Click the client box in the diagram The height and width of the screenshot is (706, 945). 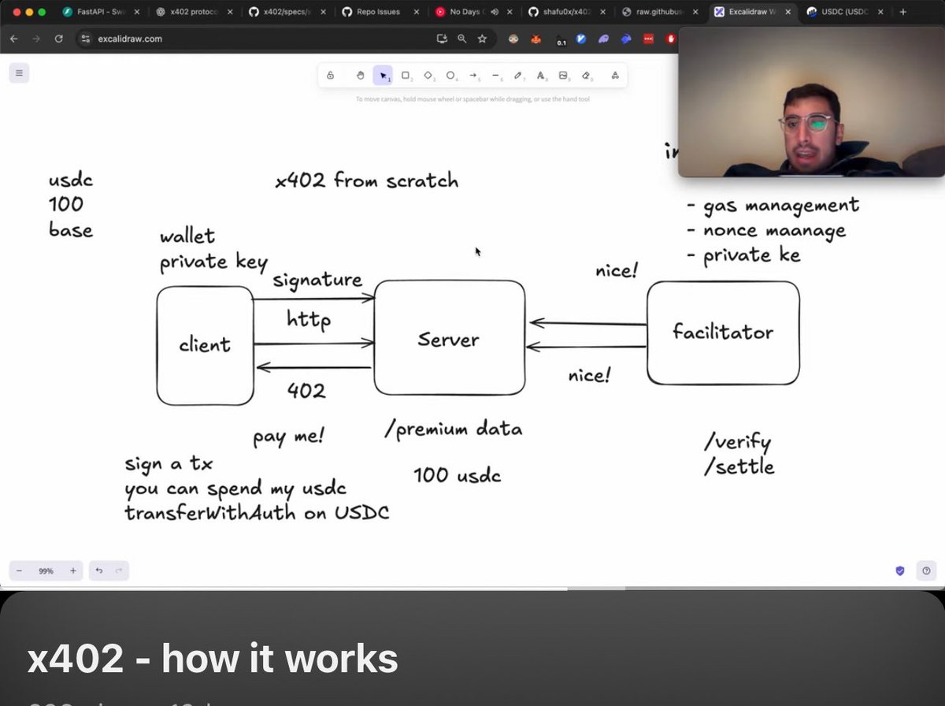click(205, 345)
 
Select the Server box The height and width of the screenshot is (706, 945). click(449, 339)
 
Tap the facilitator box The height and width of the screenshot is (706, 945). click(723, 333)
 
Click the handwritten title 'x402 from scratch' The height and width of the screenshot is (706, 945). click(367, 180)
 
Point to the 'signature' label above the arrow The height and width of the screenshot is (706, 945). click(317, 280)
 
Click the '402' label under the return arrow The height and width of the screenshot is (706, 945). click(306, 390)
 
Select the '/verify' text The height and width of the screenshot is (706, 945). click(737, 442)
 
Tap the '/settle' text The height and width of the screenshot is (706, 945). click(739, 467)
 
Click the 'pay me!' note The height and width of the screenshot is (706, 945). click(288, 436)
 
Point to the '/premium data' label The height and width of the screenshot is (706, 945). click(454, 429)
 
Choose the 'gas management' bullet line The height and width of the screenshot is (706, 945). click(773, 206)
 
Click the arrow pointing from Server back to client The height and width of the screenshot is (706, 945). click(313, 367)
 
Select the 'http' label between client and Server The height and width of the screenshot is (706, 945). click(309, 320)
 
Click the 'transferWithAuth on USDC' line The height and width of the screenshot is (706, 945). click(257, 513)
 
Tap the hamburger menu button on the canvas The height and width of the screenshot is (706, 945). click(20, 73)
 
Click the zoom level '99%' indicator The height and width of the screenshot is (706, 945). click(46, 570)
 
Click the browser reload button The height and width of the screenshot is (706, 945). click(58, 39)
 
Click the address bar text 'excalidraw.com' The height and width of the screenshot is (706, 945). click(130, 39)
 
